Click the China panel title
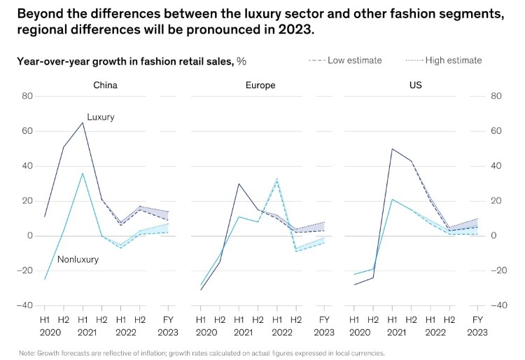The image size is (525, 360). point(105,85)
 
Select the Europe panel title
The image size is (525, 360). point(260,85)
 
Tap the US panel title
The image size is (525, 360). point(416,85)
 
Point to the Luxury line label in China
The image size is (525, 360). point(101,117)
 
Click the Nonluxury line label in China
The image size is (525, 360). point(78,259)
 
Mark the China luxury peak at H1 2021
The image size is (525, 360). point(83,123)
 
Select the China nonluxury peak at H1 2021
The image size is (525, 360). point(83,173)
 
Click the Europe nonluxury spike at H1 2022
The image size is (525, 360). point(276,179)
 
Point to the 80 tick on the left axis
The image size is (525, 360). point(27,96)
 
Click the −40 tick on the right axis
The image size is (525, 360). point(498,305)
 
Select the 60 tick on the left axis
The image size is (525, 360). point(27,131)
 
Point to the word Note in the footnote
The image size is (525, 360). point(27,353)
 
